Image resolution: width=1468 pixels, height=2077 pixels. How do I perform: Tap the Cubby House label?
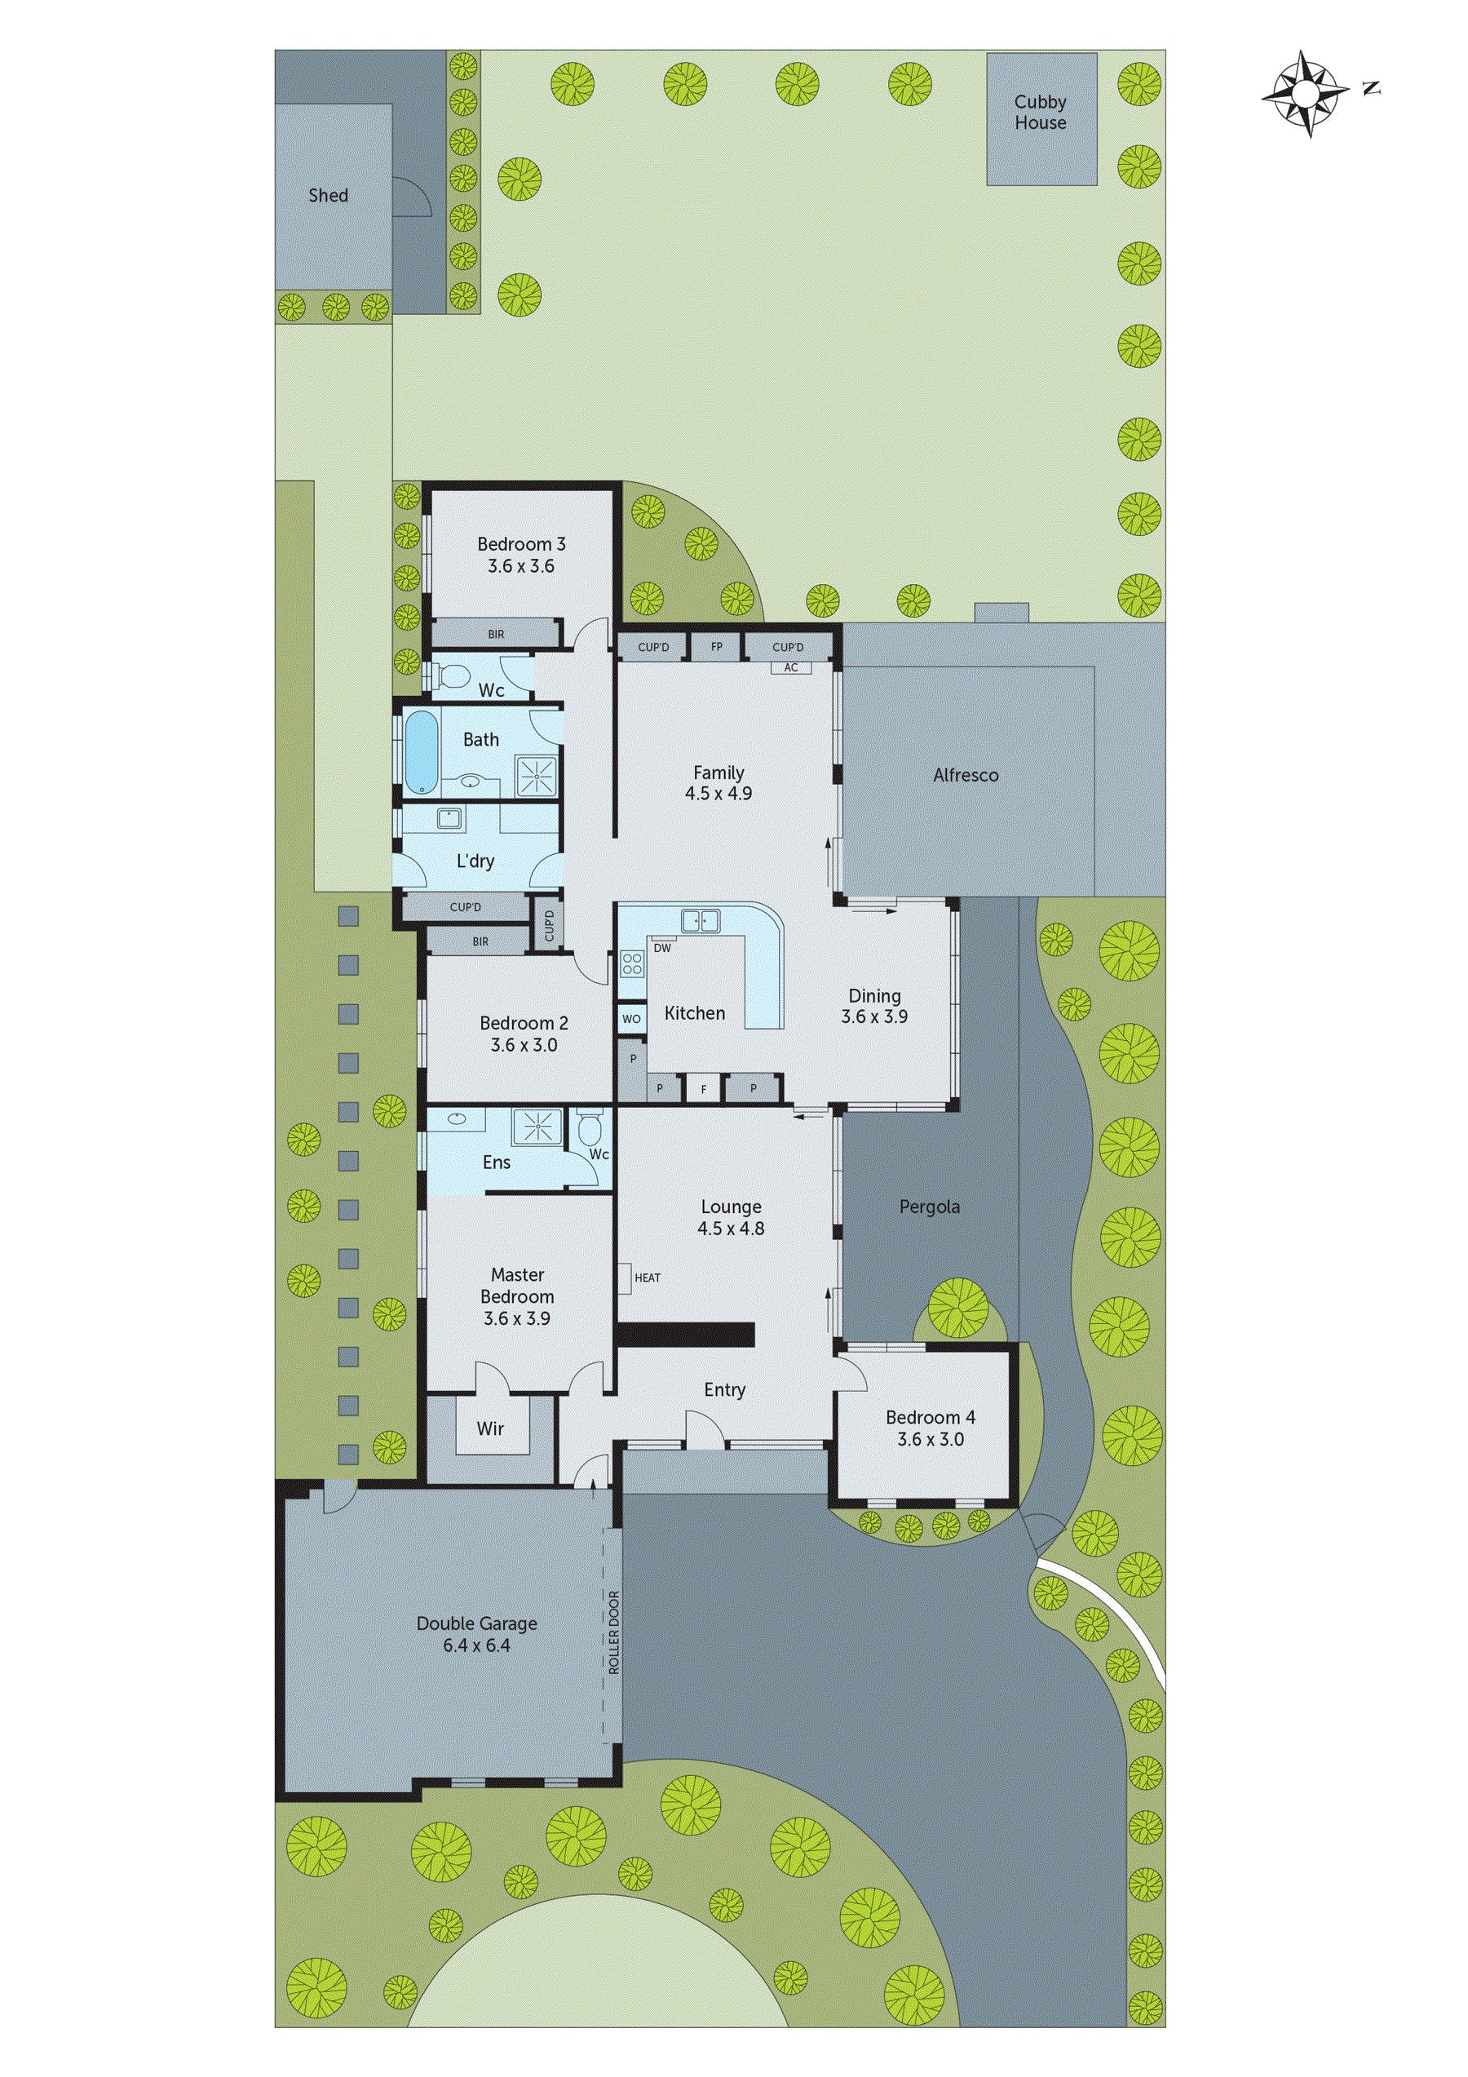point(1040,113)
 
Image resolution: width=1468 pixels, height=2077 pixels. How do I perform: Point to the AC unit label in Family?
point(791,667)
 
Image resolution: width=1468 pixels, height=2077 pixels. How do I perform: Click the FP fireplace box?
point(716,648)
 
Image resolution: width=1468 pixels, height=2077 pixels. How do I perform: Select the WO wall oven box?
point(631,1019)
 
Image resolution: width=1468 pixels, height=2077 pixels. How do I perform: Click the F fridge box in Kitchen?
point(704,1090)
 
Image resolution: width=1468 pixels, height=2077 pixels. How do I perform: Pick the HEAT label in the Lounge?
point(647,1278)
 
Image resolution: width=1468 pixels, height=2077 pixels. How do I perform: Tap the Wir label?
point(490,1429)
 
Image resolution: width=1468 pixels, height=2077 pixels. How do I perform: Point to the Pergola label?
point(929,1207)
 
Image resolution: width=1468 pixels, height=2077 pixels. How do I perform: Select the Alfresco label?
point(965,775)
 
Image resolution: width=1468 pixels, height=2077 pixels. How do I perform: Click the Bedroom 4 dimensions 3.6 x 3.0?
point(930,1439)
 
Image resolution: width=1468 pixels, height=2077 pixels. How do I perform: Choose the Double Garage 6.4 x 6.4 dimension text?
point(476,1645)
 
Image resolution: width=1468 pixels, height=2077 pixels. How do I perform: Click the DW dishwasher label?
point(662,948)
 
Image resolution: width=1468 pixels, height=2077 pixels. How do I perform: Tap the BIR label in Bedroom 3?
point(496,634)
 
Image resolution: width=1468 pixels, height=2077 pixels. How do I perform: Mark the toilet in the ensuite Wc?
point(590,1131)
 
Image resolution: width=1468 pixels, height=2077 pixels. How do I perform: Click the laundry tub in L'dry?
point(449,819)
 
